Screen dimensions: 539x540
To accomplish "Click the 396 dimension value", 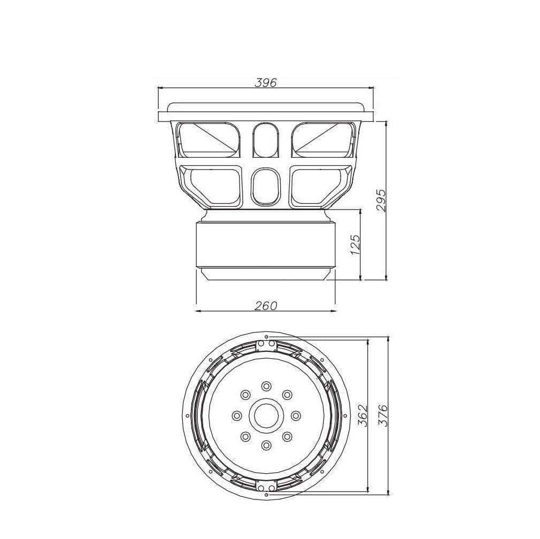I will coord(266,83).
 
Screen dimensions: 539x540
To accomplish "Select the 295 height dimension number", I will coord(381,200).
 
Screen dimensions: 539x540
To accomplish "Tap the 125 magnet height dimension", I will coord(356,243).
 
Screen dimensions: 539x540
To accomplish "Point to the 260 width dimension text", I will coord(266,306).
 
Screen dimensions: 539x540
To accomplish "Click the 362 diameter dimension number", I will coord(362,415).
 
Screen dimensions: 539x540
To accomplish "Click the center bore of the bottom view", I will coord(266,415).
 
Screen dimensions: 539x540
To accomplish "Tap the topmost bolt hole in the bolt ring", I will coord(266,386).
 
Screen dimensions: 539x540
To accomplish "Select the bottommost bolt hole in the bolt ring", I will coord(266,445).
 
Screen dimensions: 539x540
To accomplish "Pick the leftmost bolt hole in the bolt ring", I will coord(236,415).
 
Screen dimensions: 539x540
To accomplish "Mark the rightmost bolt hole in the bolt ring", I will coord(295,415).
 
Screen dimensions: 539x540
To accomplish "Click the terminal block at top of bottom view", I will coord(266,345).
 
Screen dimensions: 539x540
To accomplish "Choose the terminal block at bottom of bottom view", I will coord(266,486).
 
